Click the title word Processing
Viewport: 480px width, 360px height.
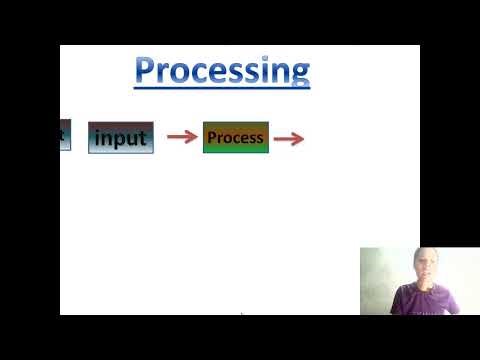(222, 71)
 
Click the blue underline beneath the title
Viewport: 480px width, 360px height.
(222, 88)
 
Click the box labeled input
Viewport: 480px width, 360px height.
(120, 138)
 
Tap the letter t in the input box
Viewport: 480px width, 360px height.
(143, 138)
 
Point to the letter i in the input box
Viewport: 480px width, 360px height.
(98, 137)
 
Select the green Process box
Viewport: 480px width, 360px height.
(235, 137)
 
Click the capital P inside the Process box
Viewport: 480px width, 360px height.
(212, 137)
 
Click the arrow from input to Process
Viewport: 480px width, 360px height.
(181, 137)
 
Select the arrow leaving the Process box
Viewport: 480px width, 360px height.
(288, 139)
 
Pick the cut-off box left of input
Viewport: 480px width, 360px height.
(65, 134)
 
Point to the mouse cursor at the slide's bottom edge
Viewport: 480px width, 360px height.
(241, 314)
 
